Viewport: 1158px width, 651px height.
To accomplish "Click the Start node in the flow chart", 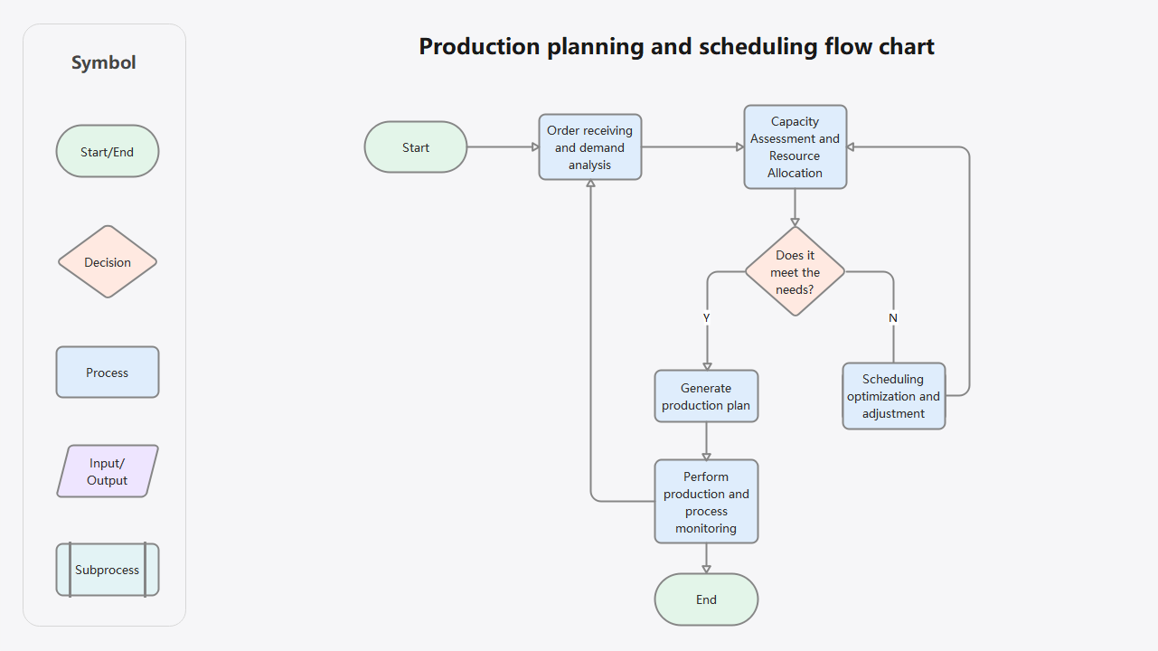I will tap(416, 147).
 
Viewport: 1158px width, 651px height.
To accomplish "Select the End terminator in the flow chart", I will tap(706, 599).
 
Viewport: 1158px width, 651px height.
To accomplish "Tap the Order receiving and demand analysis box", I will tap(590, 147).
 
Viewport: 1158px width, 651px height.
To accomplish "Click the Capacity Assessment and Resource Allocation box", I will tap(796, 147).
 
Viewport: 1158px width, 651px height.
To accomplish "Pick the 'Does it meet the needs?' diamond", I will tap(796, 272).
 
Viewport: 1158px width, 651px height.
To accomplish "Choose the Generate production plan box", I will tap(706, 396).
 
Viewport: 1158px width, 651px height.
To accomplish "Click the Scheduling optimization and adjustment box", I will tap(893, 396).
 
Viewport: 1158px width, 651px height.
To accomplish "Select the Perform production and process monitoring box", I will tap(706, 502).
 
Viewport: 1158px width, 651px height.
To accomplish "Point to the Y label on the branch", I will tap(707, 318).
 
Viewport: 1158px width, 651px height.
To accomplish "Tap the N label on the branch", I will tap(893, 318).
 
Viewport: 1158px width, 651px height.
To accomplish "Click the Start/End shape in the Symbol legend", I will tap(108, 152).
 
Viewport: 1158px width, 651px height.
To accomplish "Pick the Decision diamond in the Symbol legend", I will tap(108, 262).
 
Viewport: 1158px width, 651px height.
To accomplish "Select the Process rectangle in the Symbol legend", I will tap(108, 373).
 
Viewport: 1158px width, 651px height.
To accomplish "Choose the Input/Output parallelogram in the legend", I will tap(108, 472).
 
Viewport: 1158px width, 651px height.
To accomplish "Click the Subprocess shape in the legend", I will tap(108, 570).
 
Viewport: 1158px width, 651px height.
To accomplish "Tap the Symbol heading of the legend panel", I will tap(104, 62).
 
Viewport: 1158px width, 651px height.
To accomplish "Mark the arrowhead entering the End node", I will tap(706, 569).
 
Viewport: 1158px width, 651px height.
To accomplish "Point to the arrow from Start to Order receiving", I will tap(503, 147).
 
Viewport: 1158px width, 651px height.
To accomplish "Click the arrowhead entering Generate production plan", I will tap(707, 365).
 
